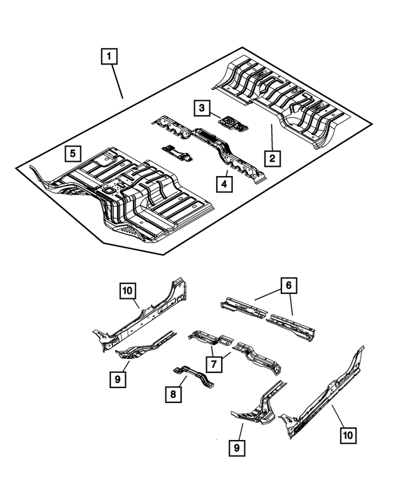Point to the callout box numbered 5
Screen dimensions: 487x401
[74, 152]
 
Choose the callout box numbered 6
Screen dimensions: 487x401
[289, 286]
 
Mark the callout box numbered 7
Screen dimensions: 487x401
[214, 363]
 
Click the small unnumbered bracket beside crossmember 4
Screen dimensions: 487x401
[177, 152]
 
